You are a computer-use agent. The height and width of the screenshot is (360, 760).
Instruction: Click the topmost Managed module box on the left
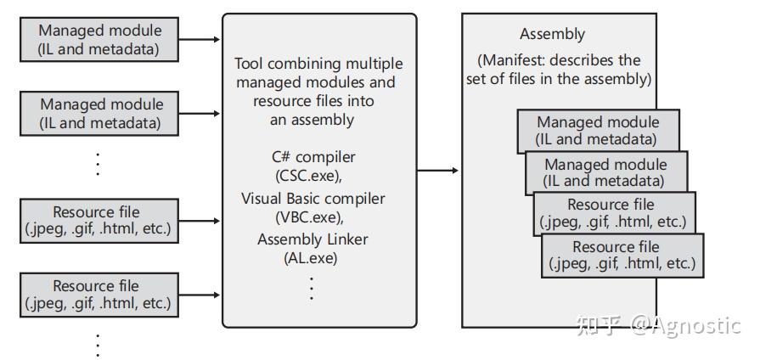(x=99, y=40)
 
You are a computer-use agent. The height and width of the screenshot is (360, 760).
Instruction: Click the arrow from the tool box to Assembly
(x=438, y=171)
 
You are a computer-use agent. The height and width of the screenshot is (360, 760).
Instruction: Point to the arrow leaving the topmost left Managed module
(x=200, y=39)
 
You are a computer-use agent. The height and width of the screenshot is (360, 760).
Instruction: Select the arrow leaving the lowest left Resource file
(x=200, y=295)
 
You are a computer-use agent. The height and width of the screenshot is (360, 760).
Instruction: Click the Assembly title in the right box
(x=552, y=35)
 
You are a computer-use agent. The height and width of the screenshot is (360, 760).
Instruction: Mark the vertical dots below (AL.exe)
(x=312, y=287)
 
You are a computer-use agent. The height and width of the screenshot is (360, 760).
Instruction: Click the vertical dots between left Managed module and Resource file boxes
(x=98, y=163)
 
